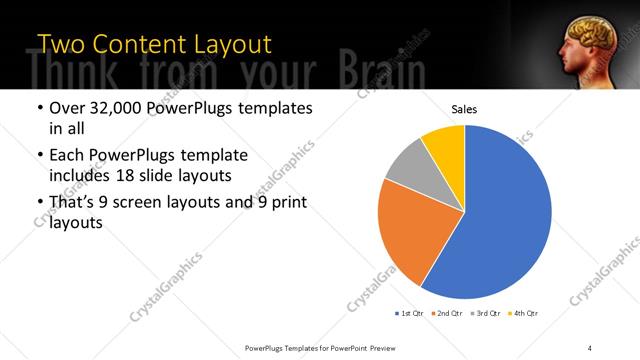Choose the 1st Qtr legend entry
(410, 313)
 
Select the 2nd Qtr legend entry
(447, 313)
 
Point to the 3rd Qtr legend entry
(485, 313)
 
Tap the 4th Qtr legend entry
(523, 313)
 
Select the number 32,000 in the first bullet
(112, 108)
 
